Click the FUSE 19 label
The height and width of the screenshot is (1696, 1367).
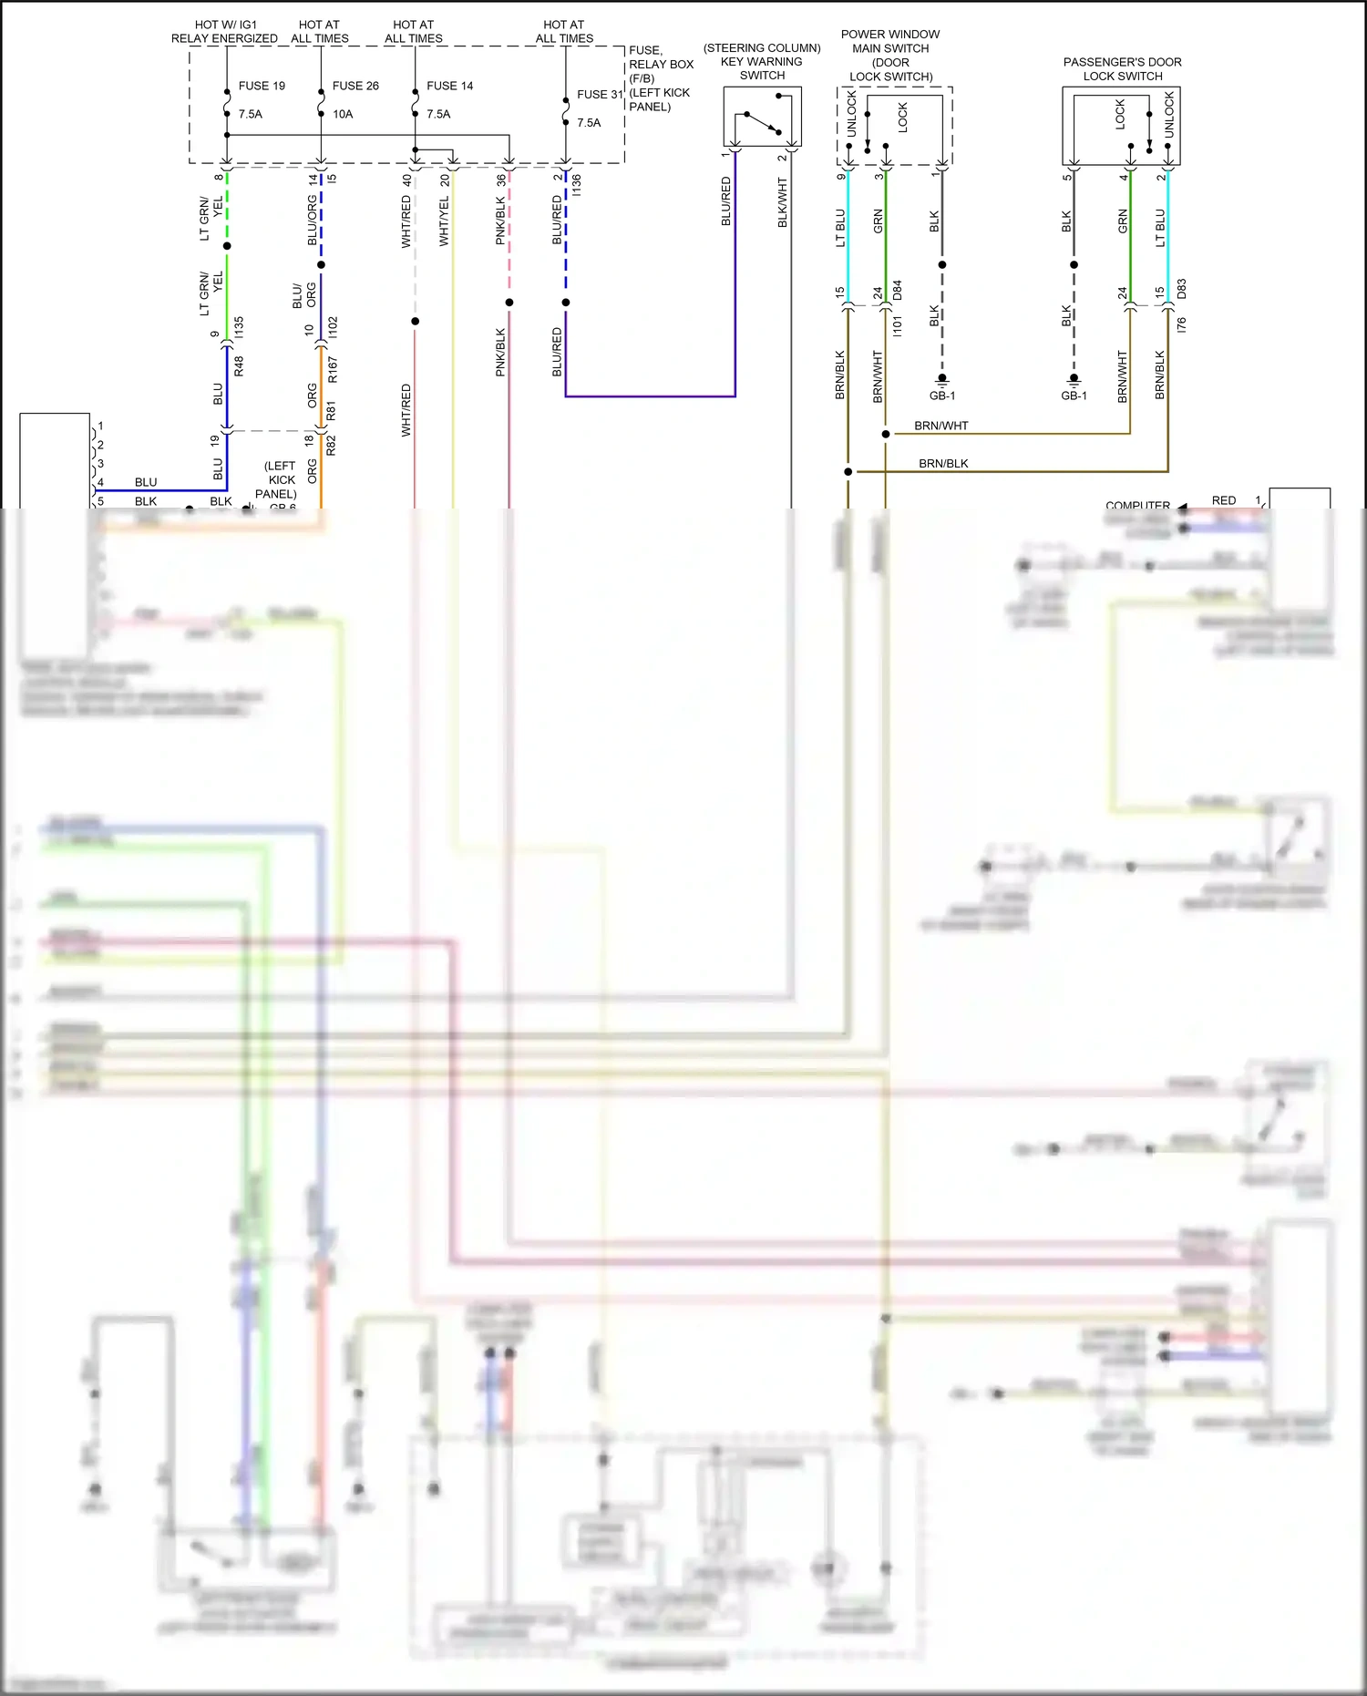click(x=262, y=86)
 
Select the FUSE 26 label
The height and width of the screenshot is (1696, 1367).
click(x=355, y=86)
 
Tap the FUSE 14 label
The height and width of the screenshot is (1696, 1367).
click(x=449, y=86)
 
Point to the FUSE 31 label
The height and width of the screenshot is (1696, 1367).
click(x=599, y=94)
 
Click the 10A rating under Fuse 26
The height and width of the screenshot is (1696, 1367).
click(x=343, y=114)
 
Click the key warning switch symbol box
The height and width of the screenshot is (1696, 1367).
click(x=762, y=116)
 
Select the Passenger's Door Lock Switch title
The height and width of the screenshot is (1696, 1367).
click(x=1122, y=69)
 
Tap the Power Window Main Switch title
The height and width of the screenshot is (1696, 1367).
click(x=890, y=55)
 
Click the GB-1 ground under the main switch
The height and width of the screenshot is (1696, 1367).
click(x=942, y=396)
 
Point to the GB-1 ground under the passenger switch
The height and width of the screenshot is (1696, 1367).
click(x=1074, y=396)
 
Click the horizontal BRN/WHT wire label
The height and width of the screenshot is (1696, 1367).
click(x=941, y=426)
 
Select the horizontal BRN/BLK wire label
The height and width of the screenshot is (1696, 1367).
click(x=943, y=464)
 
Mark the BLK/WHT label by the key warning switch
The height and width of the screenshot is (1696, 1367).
click(x=782, y=202)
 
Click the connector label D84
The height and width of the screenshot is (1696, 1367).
click(x=898, y=290)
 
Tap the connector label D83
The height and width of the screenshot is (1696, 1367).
click(x=1182, y=290)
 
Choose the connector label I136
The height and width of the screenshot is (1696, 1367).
click(x=577, y=185)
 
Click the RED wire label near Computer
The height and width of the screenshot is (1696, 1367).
click(x=1223, y=500)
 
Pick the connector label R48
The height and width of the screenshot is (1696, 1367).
click(x=239, y=366)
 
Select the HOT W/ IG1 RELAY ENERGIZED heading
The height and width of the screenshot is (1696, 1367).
click(x=224, y=31)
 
